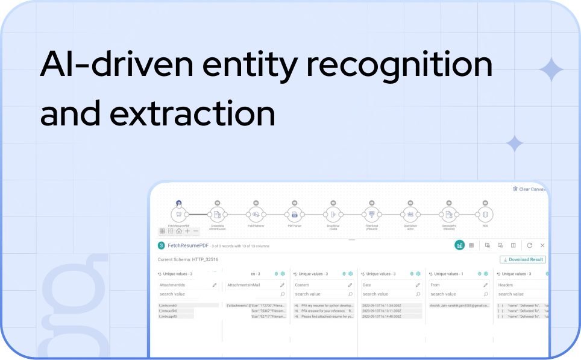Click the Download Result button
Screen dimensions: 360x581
(523, 259)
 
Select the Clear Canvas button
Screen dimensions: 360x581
(530, 189)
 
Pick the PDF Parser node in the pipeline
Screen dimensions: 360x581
(294, 214)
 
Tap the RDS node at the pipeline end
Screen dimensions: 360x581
(485, 214)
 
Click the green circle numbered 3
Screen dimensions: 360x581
(161, 245)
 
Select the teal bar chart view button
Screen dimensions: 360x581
(459, 245)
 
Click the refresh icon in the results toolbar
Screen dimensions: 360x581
(529, 245)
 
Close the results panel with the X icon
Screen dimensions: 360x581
(542, 245)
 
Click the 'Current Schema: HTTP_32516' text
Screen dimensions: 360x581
(187, 259)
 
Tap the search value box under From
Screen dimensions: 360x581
(455, 294)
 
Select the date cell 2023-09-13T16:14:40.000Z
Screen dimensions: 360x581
(385, 316)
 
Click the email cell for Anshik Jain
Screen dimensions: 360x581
(459, 306)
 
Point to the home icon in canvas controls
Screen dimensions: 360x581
(179, 231)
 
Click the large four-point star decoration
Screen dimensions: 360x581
(551, 71)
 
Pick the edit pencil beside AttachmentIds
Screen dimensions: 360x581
(215, 285)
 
